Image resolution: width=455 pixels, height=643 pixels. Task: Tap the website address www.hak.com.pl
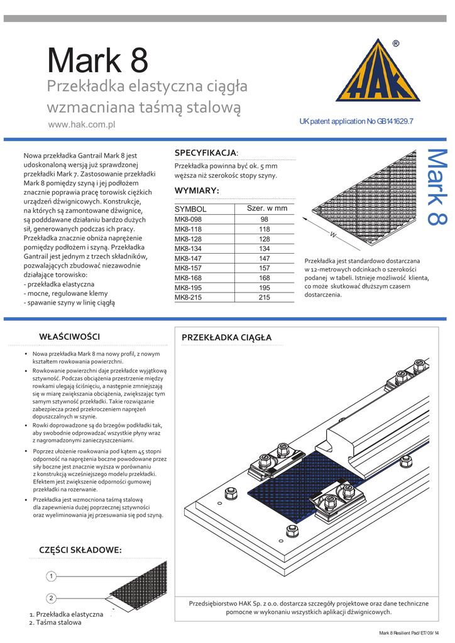pos(82,125)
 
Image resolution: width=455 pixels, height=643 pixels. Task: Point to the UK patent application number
pos(356,121)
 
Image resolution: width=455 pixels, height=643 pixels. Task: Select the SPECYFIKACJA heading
pos(206,153)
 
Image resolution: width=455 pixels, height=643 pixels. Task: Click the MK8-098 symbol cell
pos(188,220)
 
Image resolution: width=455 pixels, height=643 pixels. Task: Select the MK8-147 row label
pos(188,259)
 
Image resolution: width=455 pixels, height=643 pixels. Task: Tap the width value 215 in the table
pos(264,298)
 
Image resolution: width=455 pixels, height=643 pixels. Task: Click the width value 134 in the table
pos(264,249)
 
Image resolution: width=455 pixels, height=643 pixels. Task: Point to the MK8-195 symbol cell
pos(188,288)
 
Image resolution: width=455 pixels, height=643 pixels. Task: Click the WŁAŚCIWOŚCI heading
pos(69,337)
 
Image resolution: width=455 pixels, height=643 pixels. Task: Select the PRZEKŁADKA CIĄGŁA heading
pos(226,338)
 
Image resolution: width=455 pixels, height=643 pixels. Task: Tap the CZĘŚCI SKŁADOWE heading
pos(80,550)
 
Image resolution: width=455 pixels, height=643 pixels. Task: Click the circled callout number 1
pos(52,576)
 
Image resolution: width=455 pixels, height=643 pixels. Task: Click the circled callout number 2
pos(52,598)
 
